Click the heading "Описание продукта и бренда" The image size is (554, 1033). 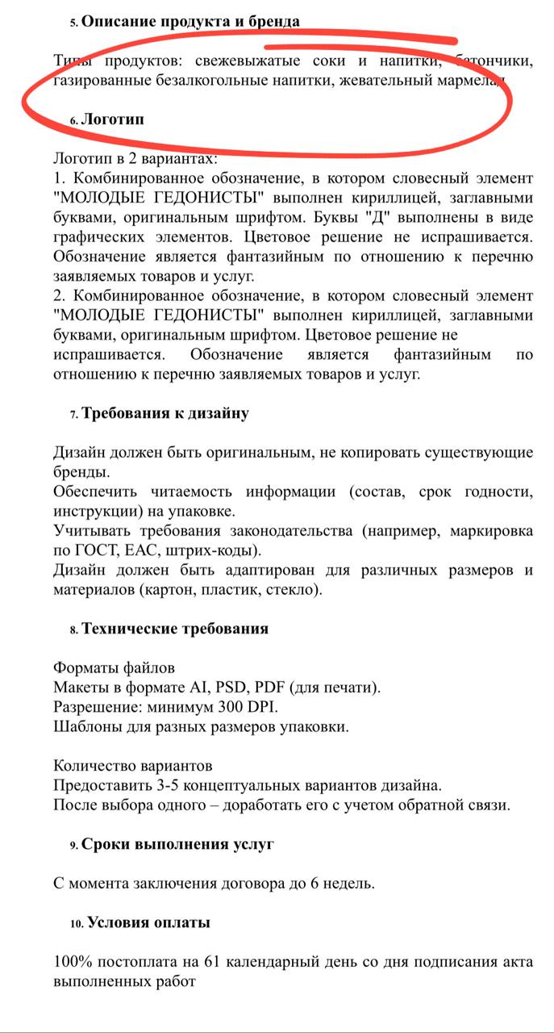[191, 22]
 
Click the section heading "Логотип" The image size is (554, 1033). [113, 119]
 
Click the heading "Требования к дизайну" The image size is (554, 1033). [165, 413]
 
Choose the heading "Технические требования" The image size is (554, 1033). [175, 628]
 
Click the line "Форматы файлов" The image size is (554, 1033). [114, 668]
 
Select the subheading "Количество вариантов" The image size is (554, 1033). [133, 764]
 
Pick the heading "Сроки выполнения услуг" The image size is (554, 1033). [177, 844]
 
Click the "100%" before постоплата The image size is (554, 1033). [72, 963]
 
